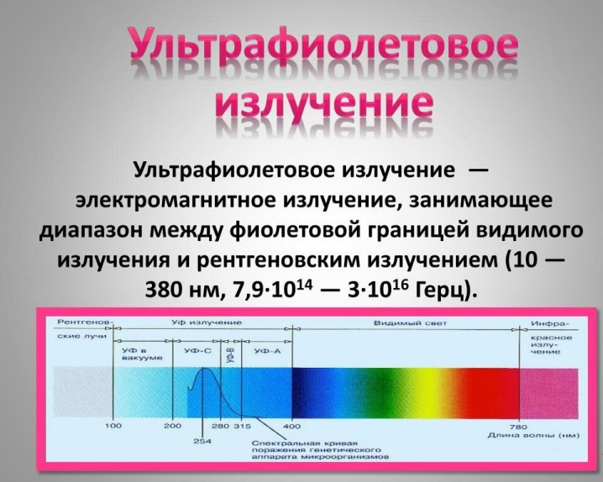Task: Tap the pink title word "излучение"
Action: [x=323, y=104]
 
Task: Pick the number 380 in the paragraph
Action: [x=165, y=291]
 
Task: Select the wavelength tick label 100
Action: [x=113, y=426]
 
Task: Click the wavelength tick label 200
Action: [x=173, y=426]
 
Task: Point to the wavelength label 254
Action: [x=202, y=441]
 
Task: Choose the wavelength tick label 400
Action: [x=292, y=426]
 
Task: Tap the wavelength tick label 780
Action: [x=519, y=427]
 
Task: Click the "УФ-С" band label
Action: [x=197, y=350]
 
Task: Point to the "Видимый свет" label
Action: [x=411, y=323]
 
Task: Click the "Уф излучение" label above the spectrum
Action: [x=207, y=322]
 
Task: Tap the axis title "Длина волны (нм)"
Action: [x=533, y=435]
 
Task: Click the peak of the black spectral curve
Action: [x=206, y=368]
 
